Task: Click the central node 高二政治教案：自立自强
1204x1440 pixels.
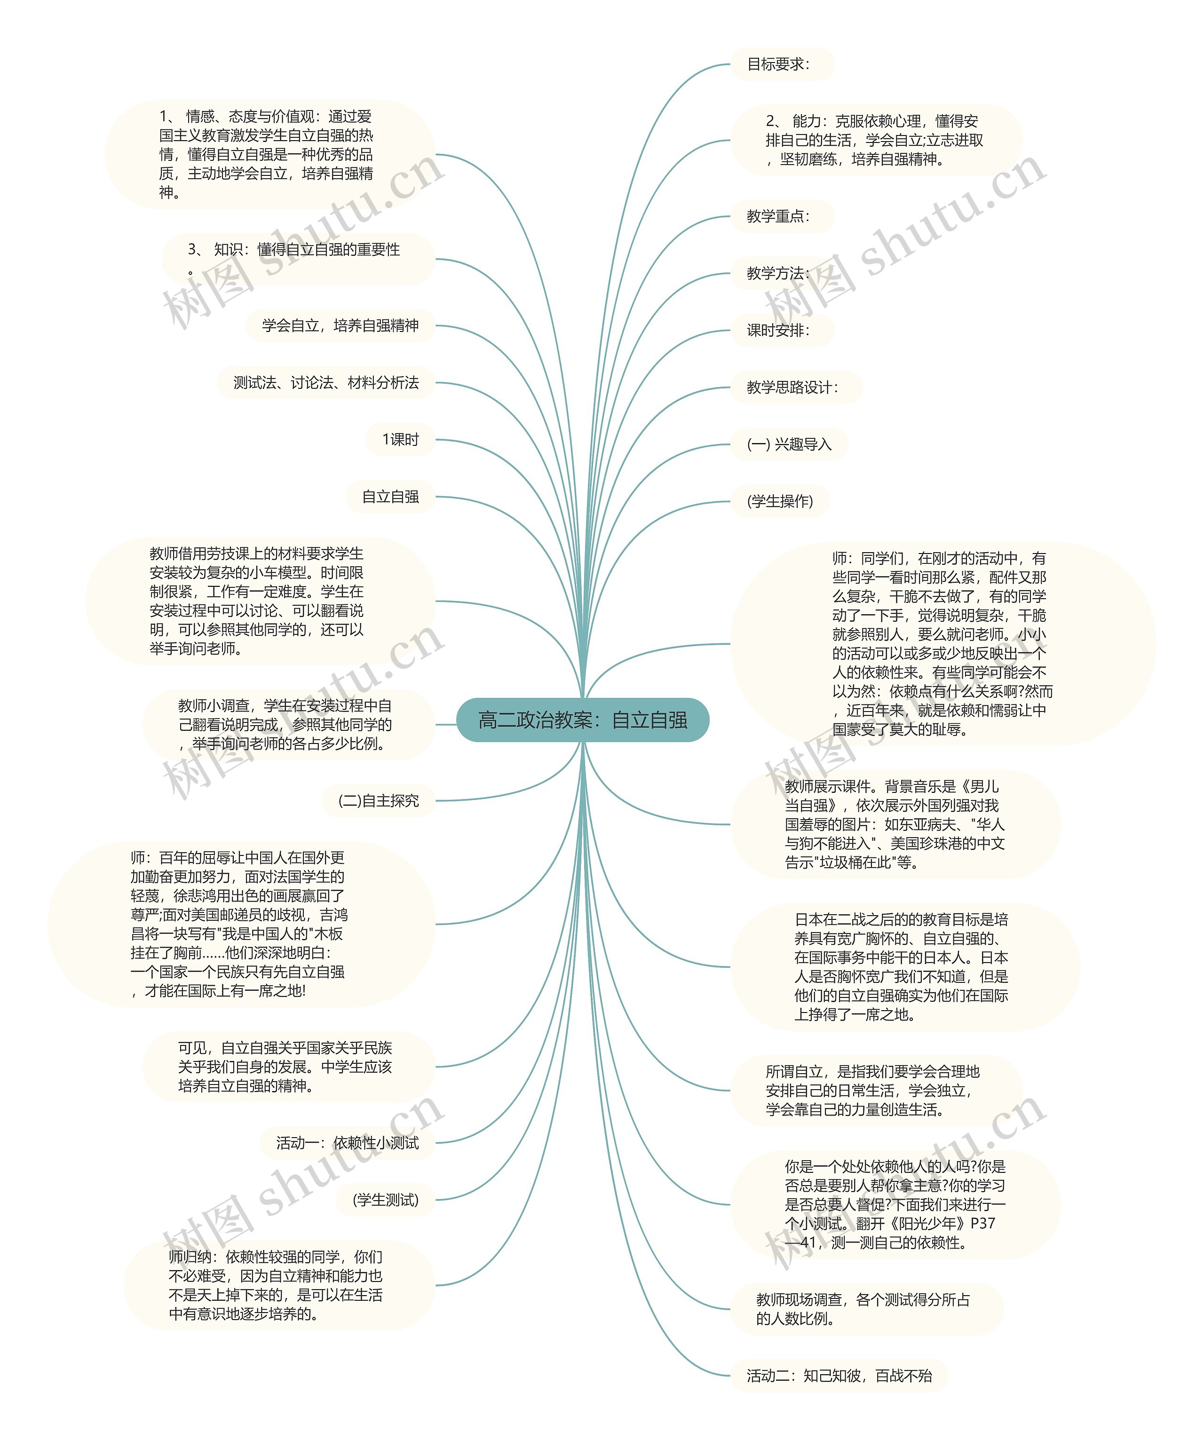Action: [x=582, y=720]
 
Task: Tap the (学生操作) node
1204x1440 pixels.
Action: [x=780, y=501]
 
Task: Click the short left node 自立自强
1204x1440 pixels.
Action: [x=390, y=497]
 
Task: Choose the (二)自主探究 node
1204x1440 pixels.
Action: [x=379, y=800]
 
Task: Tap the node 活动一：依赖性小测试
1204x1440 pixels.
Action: [x=347, y=1142]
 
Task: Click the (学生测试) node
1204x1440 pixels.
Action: [x=385, y=1199]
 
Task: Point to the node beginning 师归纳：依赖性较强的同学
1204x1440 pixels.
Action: [x=276, y=1285]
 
